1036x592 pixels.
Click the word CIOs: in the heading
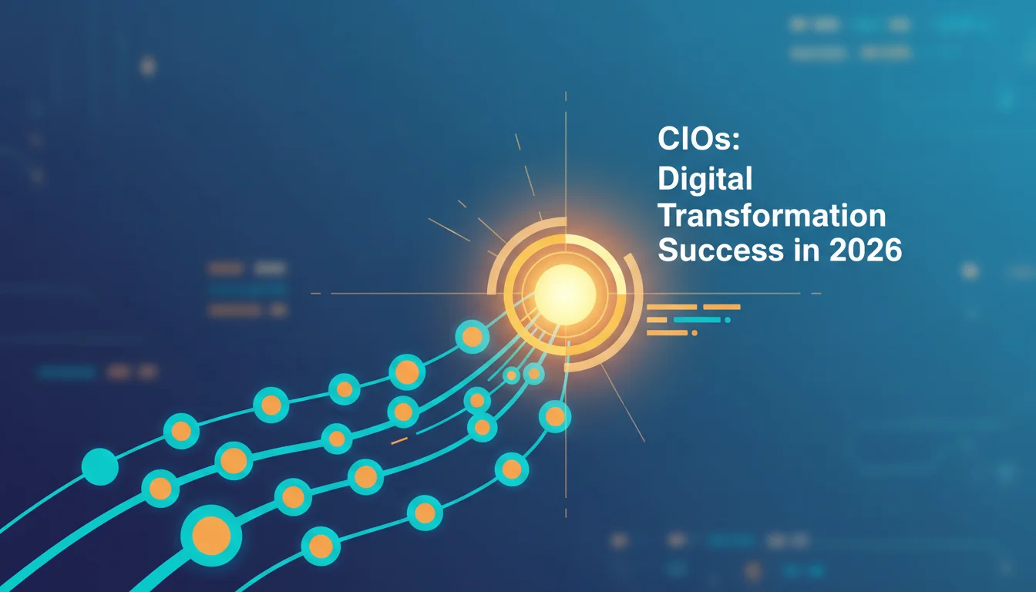699,139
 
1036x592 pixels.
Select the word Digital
705,179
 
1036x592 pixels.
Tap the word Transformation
772,216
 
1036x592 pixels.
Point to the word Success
721,251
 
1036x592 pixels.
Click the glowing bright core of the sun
565,294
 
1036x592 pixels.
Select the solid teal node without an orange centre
100,466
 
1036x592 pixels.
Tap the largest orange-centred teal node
211,536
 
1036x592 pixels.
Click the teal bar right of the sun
697,320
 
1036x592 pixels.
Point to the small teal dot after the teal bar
728,320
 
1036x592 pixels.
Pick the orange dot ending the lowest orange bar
695,333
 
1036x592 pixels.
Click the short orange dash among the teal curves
399,441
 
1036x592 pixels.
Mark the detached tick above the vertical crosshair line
566,96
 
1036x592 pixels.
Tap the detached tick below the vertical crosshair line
566,513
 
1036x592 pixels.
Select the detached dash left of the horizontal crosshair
315,293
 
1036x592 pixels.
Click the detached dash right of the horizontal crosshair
816,293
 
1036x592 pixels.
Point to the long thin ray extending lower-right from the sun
623,402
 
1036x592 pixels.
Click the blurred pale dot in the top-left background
148,66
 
